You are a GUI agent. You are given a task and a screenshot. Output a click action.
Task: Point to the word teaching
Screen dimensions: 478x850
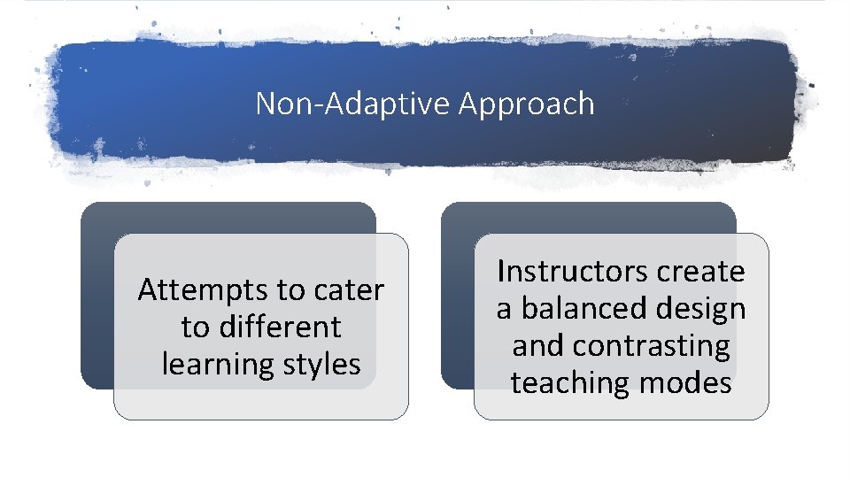(x=568, y=382)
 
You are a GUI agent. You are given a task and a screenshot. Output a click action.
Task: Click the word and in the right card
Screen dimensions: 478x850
(x=535, y=345)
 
